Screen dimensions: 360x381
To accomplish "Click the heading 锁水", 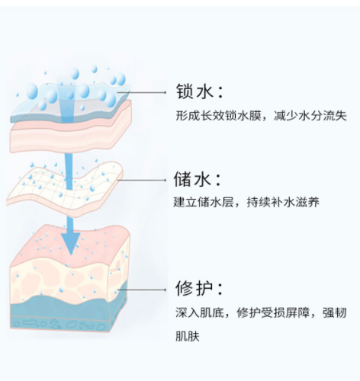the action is point(194,91).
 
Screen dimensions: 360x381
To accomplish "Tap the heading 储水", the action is point(192,179).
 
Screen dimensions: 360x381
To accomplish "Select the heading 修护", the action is point(194,288).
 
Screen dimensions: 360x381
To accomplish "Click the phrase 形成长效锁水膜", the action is point(219,116).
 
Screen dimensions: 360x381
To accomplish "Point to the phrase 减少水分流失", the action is point(310,116).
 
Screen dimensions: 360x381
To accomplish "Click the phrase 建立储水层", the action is point(204,202).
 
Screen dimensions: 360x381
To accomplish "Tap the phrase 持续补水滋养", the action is point(283,202).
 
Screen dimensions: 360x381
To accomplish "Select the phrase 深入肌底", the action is point(200,312).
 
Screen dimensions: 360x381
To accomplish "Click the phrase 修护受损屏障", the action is point(273,312).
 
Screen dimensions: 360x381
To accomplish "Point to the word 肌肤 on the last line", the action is point(188,336).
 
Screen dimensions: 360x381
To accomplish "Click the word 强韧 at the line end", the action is point(335,312).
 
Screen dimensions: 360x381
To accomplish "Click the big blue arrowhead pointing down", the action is point(71,242).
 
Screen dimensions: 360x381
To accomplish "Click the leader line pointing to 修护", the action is point(141,290).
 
